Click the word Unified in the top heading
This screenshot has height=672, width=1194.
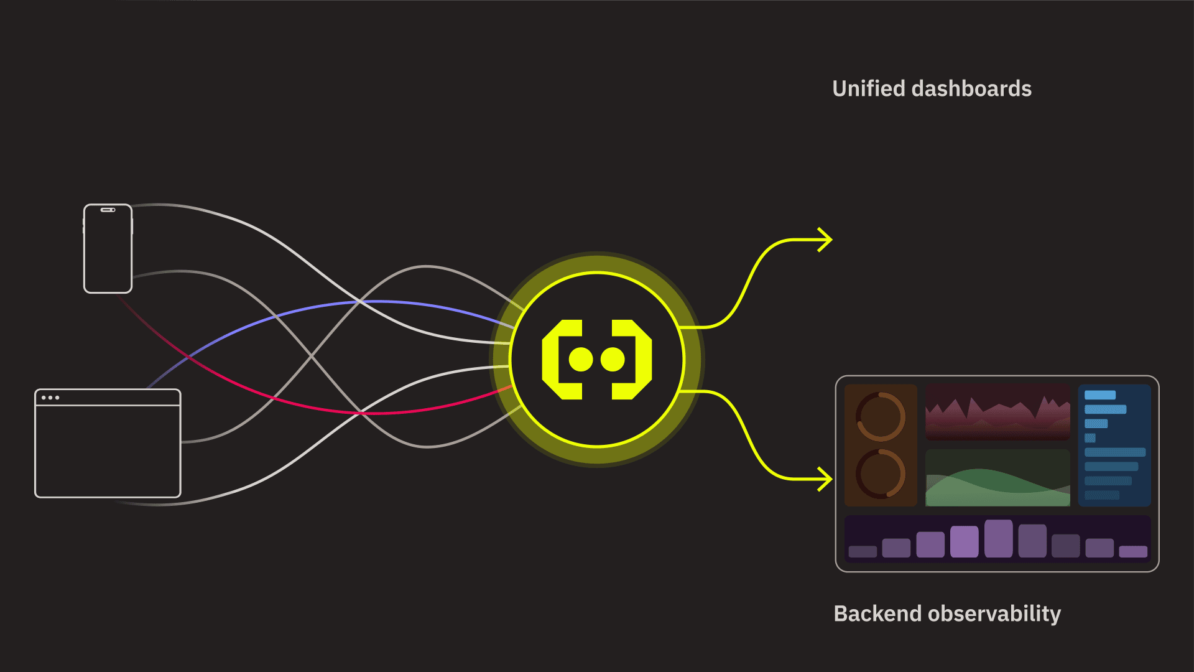coord(868,88)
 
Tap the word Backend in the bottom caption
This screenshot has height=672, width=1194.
coord(877,614)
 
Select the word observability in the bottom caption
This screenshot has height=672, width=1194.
coord(994,614)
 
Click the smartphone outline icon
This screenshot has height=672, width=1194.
coord(108,248)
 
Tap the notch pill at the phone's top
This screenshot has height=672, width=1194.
coord(108,210)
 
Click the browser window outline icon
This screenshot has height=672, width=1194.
coord(108,443)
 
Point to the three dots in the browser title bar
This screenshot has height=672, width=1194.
coord(50,398)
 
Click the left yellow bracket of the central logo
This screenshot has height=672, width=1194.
coord(562,360)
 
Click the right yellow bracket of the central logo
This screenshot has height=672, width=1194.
coord(632,360)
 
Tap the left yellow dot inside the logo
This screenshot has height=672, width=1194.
coord(581,360)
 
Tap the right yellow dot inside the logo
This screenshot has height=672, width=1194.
coord(613,360)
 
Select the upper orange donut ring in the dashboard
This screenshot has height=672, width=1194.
coord(881,416)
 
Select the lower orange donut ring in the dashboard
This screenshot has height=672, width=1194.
coord(881,474)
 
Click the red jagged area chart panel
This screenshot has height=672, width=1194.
coord(997,412)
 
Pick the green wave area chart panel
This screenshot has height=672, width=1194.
coord(997,478)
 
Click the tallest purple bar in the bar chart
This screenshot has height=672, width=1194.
coord(999,538)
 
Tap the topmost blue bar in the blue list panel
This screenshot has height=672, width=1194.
coord(1100,395)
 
